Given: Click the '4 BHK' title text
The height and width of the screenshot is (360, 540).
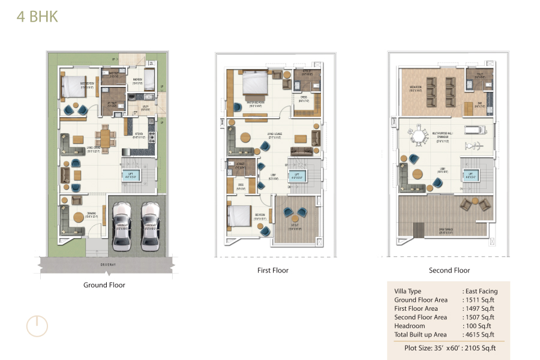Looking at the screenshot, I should pyautogui.click(x=37, y=17).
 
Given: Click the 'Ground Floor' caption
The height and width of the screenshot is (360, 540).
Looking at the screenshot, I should pyautogui.click(x=104, y=285).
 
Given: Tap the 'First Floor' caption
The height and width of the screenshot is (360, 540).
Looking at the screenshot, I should pyautogui.click(x=273, y=271).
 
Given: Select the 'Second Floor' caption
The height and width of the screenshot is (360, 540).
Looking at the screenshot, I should pyautogui.click(x=449, y=271).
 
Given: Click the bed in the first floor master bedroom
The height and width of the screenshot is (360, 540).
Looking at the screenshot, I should pyautogui.click(x=254, y=84).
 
